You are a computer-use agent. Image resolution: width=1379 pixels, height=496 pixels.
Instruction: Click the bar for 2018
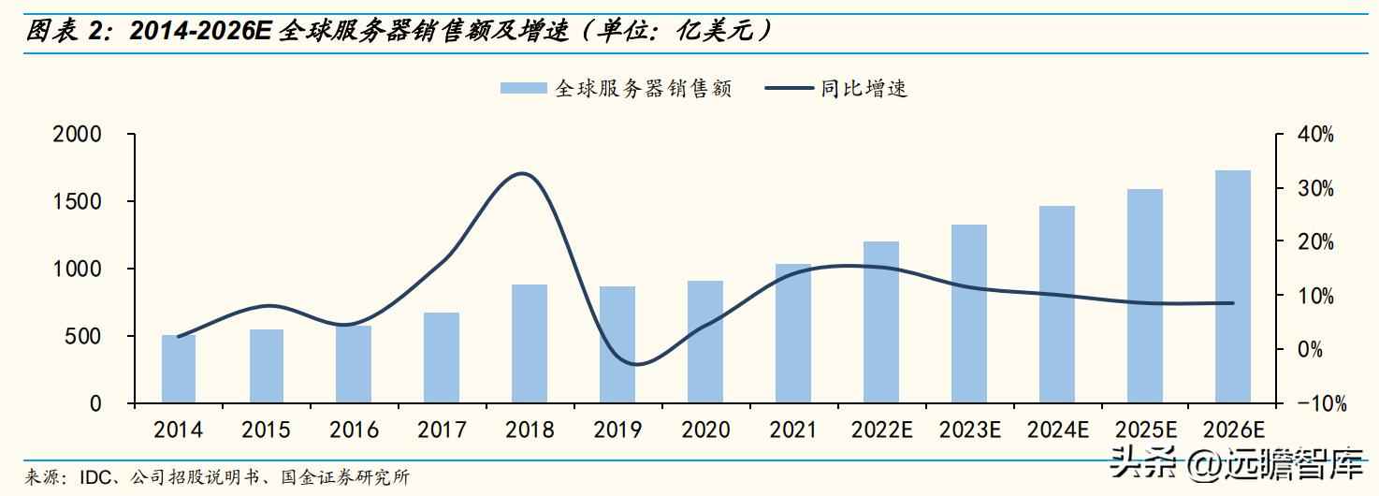click(x=530, y=343)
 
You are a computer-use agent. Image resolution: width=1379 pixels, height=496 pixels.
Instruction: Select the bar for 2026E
click(x=1232, y=286)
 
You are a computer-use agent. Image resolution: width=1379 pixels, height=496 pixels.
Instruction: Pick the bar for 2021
click(x=793, y=333)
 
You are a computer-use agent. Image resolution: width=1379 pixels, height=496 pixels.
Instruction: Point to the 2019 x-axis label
click(x=617, y=430)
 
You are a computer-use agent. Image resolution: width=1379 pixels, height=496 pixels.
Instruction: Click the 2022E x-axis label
click(x=881, y=430)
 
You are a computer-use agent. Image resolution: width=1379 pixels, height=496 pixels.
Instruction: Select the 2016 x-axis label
click(x=354, y=430)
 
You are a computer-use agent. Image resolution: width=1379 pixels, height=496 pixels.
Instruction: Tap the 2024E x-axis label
click(x=1057, y=430)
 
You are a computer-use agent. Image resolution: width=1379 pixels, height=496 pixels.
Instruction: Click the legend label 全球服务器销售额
click(x=644, y=89)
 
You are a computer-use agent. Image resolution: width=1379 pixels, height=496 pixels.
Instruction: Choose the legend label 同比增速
click(x=864, y=89)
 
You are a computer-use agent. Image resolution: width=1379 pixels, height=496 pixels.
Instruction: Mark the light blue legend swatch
click(x=523, y=89)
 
